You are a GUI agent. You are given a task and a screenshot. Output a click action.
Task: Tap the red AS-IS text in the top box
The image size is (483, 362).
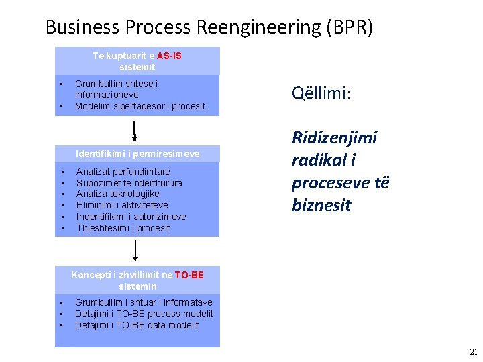click(x=169, y=56)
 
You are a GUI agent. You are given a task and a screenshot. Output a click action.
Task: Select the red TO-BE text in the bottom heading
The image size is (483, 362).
click(x=189, y=275)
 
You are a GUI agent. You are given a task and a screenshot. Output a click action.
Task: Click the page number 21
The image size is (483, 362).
click(x=474, y=351)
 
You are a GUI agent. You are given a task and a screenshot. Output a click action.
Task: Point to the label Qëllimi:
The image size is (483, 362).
click(x=321, y=93)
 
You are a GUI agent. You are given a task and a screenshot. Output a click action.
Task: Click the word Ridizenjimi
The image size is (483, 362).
click(x=334, y=138)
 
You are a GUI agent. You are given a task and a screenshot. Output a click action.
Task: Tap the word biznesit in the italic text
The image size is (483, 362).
click(x=321, y=205)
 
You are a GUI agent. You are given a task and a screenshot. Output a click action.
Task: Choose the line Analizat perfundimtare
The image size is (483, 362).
click(x=123, y=172)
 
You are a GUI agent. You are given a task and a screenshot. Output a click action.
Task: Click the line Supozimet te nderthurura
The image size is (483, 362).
click(x=129, y=183)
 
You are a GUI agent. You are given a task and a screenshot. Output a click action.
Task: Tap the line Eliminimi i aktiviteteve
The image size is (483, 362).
click(x=122, y=205)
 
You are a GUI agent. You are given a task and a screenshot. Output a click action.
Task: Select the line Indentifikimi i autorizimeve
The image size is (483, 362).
click(x=131, y=217)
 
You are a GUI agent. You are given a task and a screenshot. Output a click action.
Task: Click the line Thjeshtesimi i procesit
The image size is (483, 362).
click(x=123, y=228)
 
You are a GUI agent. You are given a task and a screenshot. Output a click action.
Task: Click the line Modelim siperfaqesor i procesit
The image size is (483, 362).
click(x=140, y=106)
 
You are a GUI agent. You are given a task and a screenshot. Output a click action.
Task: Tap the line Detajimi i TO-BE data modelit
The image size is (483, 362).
click(x=137, y=325)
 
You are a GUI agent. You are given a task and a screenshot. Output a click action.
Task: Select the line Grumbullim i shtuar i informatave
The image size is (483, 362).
click(x=144, y=302)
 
